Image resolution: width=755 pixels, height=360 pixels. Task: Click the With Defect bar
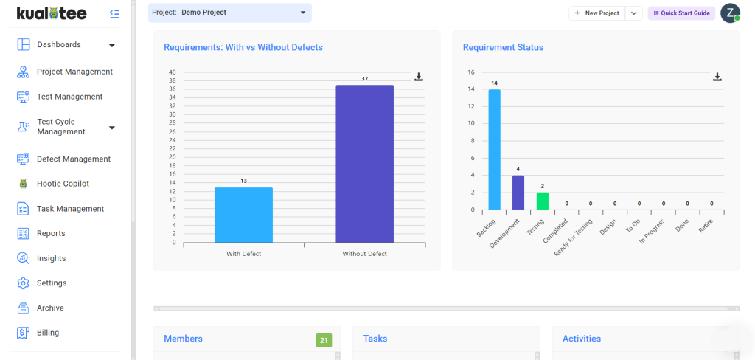tap(243, 215)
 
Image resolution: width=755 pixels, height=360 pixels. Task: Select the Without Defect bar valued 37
tap(364, 164)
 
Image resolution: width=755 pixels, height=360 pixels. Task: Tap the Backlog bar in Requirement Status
tap(495, 150)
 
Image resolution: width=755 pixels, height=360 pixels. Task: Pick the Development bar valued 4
tap(518, 193)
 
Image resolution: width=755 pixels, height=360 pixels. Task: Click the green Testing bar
tap(543, 201)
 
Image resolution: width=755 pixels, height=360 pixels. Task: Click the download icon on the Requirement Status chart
tap(717, 77)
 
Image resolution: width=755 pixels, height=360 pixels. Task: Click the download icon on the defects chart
tap(419, 77)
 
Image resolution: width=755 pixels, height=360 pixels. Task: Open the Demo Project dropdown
tap(230, 13)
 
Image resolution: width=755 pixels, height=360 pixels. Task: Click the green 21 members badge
tap(324, 340)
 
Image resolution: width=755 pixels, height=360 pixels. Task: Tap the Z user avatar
tap(730, 13)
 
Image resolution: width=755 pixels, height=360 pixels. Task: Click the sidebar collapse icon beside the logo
tap(114, 13)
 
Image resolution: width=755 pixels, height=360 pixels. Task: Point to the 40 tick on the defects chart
tap(173, 72)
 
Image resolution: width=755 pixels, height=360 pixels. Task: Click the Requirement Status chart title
tap(503, 48)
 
